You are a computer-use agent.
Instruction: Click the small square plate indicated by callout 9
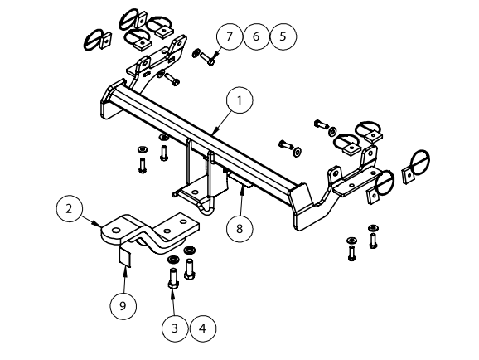pos(124,257)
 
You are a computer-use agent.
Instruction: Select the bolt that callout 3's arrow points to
pos(173,278)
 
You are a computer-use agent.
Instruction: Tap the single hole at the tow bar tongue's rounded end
pos(115,231)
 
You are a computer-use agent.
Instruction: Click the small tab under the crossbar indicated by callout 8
pos(241,180)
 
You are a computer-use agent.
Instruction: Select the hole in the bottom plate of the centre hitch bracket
pos(194,192)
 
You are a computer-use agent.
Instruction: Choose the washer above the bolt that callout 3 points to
pos(173,260)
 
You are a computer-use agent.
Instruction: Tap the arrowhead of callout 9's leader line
pos(124,269)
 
